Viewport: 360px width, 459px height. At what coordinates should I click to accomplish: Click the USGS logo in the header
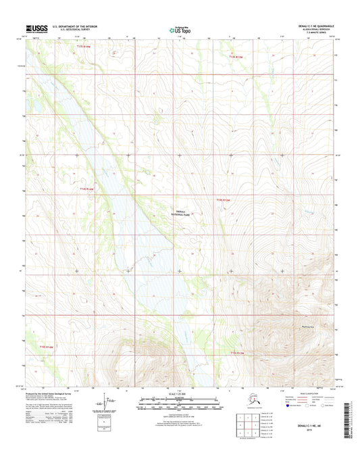pos(35,28)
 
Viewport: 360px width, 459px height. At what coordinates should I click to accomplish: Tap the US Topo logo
pos(179,29)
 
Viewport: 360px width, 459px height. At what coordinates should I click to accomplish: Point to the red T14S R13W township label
pos(224,199)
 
